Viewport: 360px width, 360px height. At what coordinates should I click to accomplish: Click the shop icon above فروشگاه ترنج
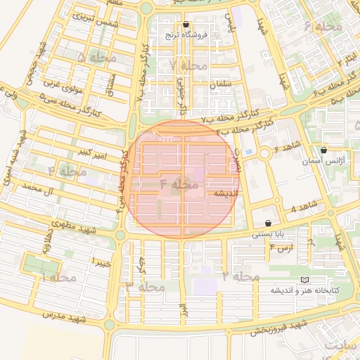pyautogui.click(x=186, y=23)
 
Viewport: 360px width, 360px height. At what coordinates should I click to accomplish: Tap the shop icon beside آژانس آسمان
pyautogui.click(x=323, y=150)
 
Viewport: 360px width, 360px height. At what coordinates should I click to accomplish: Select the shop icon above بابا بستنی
pyautogui.click(x=269, y=223)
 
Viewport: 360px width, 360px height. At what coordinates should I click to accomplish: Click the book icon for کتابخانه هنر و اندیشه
pyautogui.click(x=304, y=279)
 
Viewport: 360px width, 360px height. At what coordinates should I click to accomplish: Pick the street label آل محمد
pyautogui.click(x=38, y=188)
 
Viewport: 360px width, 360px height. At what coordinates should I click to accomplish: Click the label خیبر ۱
pyautogui.click(x=102, y=262)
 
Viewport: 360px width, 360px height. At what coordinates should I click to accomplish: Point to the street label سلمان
pyautogui.click(x=220, y=84)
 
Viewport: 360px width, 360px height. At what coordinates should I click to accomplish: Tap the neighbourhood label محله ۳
pyautogui.click(x=146, y=286)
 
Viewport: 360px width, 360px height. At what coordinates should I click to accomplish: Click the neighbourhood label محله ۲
pyautogui.click(x=235, y=276)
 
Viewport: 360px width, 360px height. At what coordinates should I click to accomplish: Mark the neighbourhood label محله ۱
pyautogui.click(x=58, y=278)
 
